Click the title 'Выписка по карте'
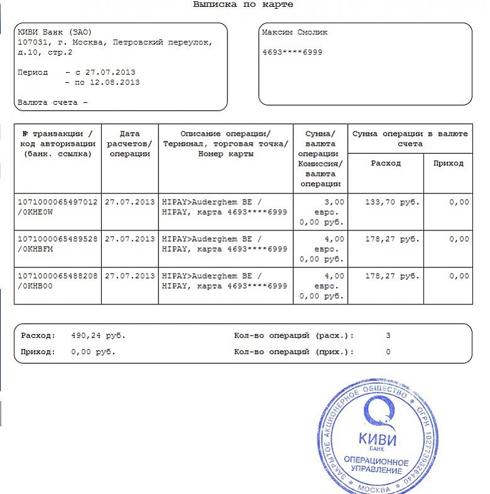(243, 5)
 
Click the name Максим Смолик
(295, 33)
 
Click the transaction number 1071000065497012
(57, 202)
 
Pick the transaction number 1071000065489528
(57, 239)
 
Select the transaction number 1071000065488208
(57, 276)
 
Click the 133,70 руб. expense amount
(393, 202)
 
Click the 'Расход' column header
(386, 163)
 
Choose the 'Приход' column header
(449, 163)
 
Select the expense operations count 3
(388, 336)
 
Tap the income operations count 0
(388, 352)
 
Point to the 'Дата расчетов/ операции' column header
(129, 143)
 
